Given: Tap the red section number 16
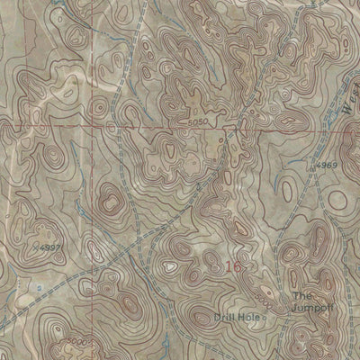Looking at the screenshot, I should click(x=234, y=266).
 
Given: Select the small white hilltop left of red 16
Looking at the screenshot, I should click(x=170, y=265).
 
